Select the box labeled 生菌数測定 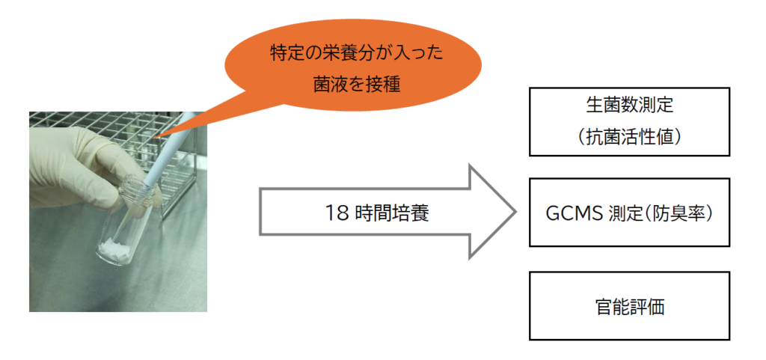[629, 121]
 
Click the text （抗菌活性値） [629, 137]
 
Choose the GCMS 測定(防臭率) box [629, 212]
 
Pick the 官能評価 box [629, 305]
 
